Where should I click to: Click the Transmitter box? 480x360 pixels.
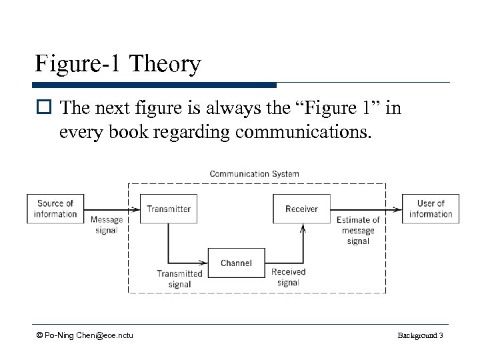[169, 209]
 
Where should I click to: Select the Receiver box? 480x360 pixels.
[302, 209]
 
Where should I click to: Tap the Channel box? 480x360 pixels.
[236, 263]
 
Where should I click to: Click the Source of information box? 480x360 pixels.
[55, 209]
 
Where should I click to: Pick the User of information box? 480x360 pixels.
[430, 209]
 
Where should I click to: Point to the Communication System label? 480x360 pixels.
[254, 174]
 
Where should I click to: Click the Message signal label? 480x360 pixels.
[106, 225]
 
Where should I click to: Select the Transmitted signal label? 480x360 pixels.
[179, 279]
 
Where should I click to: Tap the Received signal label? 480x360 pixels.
[288, 277]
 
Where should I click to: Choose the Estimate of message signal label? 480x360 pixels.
[358, 230]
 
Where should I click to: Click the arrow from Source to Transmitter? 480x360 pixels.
[111, 209]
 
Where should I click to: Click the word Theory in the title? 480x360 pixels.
[166, 65]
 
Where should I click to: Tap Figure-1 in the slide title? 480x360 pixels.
[80, 65]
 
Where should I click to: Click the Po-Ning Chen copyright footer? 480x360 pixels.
[85, 335]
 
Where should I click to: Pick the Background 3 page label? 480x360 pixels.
[420, 335]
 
